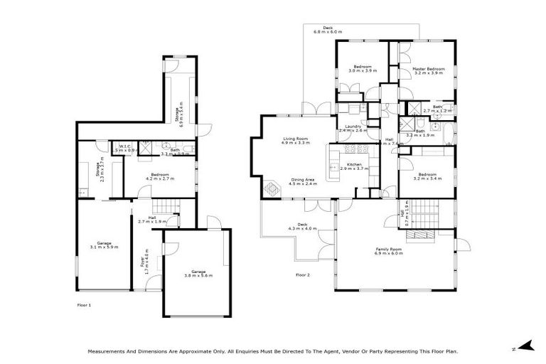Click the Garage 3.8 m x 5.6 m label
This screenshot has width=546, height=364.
click(198, 273)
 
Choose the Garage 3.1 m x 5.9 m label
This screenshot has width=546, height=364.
click(104, 244)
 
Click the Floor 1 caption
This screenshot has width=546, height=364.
click(84, 304)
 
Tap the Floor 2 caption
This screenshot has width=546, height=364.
click(303, 274)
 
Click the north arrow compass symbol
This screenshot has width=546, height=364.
click(526, 346)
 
